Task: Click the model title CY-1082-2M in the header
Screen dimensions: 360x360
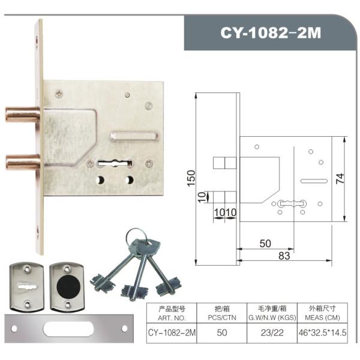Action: tap(271, 33)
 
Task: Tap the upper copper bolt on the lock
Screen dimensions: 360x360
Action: tap(23, 115)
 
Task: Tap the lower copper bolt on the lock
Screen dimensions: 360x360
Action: tap(23, 162)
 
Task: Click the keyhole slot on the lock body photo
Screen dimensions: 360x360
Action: tap(115, 163)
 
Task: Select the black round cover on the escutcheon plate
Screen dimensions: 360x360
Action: tap(68, 286)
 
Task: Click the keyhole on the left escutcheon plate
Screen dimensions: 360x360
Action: tap(27, 287)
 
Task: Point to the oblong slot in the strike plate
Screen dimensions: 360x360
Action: tap(68, 329)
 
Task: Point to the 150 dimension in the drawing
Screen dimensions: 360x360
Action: tap(191, 178)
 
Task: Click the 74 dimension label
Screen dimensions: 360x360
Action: tap(340, 178)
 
